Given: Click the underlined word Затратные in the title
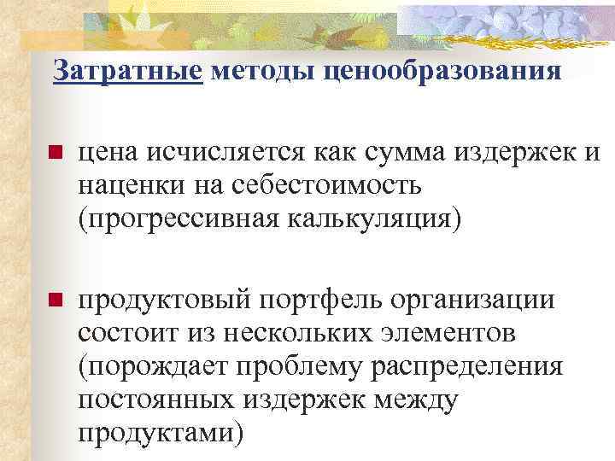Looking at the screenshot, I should (x=128, y=71).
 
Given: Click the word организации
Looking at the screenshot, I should (x=482, y=300).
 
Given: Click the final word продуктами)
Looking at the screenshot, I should (x=160, y=430).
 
